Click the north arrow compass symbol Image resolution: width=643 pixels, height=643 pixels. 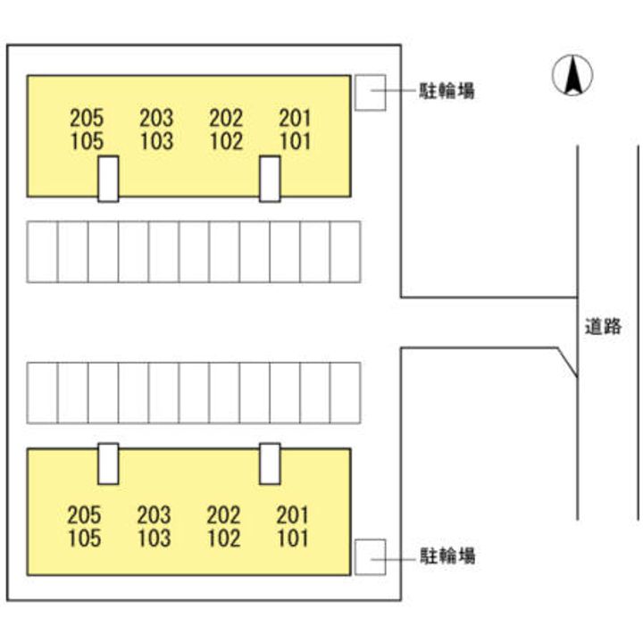[573, 76]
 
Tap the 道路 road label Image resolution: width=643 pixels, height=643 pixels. [602, 326]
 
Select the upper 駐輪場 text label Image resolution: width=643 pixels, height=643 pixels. [447, 90]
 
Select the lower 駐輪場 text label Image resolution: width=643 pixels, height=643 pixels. [447, 555]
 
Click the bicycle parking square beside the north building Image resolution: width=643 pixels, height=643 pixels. [369, 92]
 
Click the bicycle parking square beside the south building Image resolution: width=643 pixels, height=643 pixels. [370, 556]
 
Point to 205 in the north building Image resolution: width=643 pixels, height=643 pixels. [87, 117]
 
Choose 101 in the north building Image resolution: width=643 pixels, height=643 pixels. [296, 141]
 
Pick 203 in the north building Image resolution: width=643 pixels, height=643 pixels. [156, 117]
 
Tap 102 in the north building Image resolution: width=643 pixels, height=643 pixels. [226, 141]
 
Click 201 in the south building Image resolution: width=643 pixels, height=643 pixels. [293, 514]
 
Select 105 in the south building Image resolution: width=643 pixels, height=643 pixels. [84, 539]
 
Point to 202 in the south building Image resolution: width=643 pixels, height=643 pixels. [223, 514]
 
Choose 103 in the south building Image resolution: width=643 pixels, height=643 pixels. [154, 539]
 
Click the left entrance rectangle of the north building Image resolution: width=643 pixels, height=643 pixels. [108, 179]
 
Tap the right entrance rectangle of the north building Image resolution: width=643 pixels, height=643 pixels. [270, 179]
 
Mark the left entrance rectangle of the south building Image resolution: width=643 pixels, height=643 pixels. [108, 463]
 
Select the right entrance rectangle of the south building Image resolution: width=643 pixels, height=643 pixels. [270, 463]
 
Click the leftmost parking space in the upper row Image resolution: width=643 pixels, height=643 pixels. [42, 252]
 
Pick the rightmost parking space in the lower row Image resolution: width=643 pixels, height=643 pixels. [345, 393]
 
